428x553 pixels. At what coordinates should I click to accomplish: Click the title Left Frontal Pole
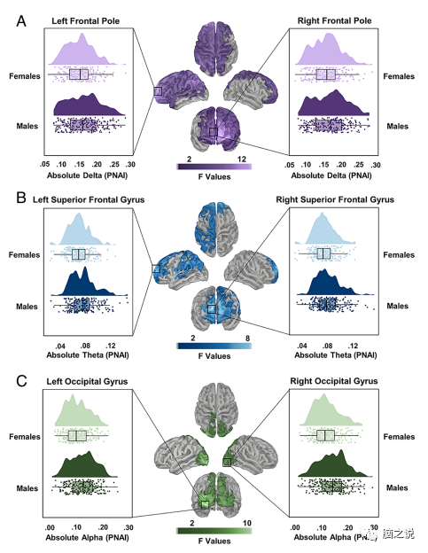point(86,19)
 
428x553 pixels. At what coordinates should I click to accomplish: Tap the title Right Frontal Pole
point(333,19)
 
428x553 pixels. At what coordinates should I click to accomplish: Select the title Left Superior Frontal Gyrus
point(86,200)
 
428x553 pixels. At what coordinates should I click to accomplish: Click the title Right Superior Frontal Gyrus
point(333,200)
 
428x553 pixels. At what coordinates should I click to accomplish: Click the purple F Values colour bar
point(214,165)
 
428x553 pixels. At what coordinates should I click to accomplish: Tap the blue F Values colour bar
point(214,346)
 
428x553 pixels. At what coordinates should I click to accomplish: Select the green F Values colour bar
point(214,528)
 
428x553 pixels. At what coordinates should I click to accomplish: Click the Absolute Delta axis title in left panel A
point(86,175)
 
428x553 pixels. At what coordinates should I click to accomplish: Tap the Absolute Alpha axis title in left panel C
point(86,537)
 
